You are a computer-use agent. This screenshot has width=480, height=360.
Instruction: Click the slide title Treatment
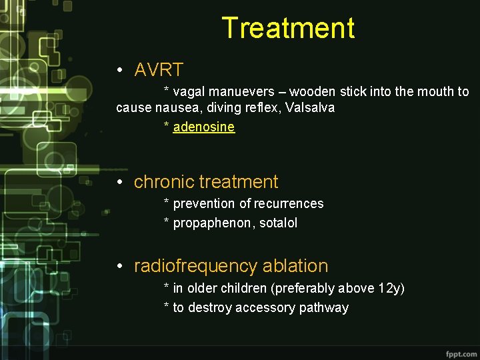[288, 29]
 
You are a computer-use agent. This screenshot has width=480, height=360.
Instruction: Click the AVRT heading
[159, 69]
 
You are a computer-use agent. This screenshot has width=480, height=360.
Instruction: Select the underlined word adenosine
[203, 127]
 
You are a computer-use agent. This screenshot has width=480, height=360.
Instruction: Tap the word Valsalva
[310, 107]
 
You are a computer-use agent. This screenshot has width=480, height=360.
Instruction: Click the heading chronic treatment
[206, 182]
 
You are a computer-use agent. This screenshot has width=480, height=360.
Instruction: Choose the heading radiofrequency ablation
[231, 266]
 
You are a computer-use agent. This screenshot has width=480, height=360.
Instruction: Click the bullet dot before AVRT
[119, 70]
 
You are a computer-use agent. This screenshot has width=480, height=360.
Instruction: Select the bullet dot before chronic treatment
[119, 183]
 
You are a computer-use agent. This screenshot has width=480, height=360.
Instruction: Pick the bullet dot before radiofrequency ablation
[119, 267]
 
